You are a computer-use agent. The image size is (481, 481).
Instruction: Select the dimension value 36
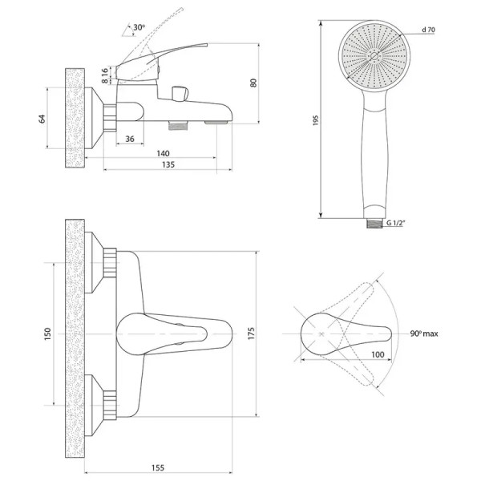pyautogui.click(x=130, y=140)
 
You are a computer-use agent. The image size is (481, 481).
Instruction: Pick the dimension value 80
pyautogui.click(x=255, y=82)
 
